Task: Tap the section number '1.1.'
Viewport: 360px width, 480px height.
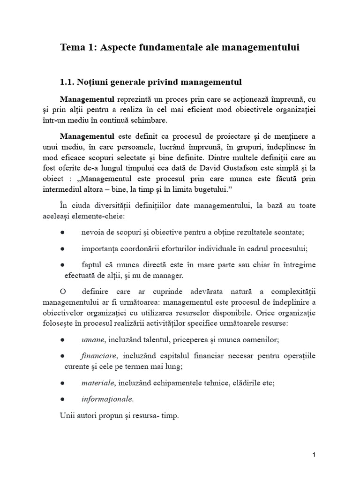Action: point(68,82)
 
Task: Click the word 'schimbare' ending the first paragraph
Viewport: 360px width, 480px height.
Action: point(149,120)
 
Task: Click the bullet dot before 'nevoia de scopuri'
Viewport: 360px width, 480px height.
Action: point(63,232)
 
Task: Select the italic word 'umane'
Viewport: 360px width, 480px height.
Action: point(92,340)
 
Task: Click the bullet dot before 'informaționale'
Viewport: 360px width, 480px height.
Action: point(63,399)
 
